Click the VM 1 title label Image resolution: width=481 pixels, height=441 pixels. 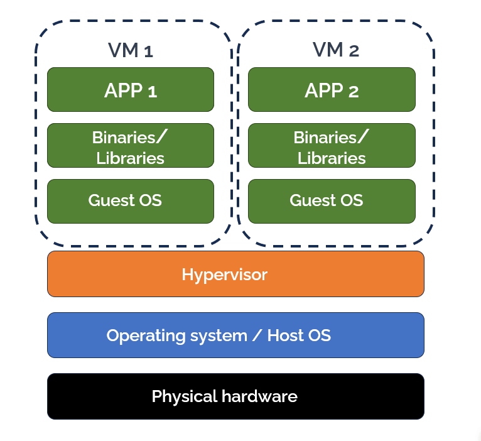131,50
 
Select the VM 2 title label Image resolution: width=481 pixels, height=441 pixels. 335,50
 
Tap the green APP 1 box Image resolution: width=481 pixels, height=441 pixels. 131,90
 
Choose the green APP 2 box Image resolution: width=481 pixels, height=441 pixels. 332,90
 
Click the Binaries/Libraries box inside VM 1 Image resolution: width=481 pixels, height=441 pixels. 131,146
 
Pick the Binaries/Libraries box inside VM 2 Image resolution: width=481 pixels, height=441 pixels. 332,146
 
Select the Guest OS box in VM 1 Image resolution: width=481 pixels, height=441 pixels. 131,201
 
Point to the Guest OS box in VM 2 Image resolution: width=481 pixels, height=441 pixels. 332,201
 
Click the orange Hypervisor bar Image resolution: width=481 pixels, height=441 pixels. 235,274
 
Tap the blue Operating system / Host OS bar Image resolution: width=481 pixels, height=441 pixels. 235,335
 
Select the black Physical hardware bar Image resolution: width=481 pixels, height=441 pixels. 235,396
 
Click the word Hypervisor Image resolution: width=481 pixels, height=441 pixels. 224,275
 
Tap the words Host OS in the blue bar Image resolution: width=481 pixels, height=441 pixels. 299,335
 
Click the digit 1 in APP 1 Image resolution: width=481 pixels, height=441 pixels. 151,91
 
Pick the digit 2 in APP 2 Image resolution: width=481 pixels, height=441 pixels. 353,91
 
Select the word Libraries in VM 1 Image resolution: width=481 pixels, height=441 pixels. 131,158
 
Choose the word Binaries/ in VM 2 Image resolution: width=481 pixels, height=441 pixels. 332,137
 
